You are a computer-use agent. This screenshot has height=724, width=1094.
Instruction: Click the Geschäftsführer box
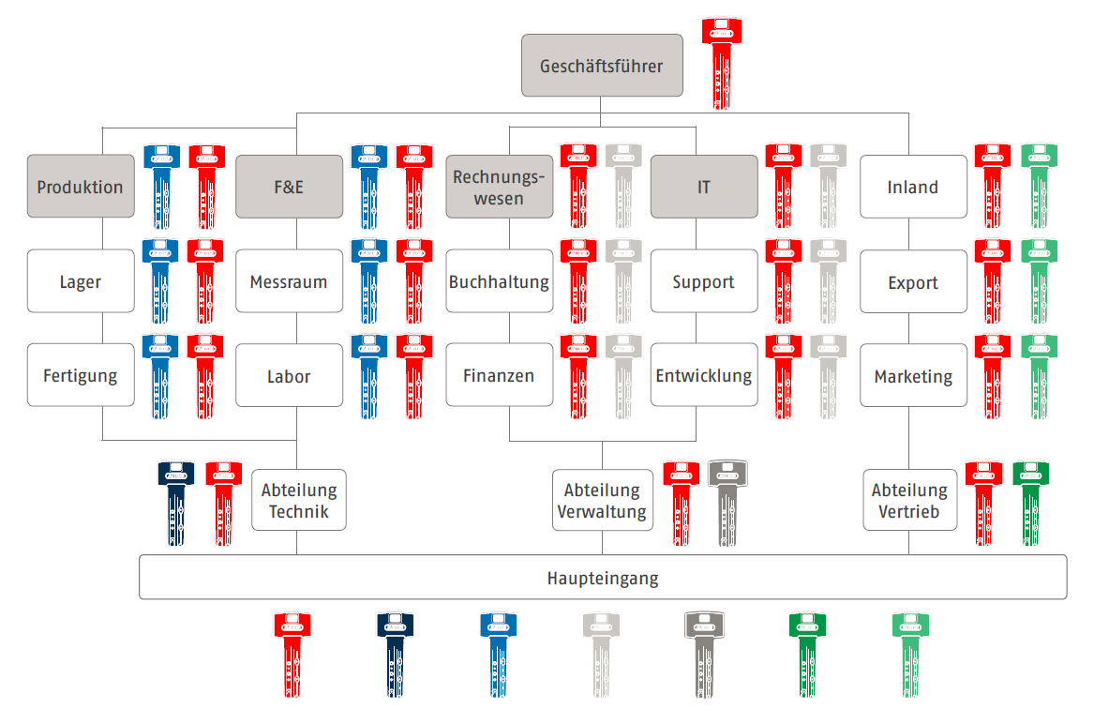click(602, 66)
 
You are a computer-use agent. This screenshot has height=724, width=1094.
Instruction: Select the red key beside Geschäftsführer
click(721, 62)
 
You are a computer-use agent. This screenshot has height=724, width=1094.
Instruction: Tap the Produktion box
click(81, 187)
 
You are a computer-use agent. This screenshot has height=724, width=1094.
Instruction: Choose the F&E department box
click(289, 187)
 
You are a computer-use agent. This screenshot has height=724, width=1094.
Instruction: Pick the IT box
click(703, 187)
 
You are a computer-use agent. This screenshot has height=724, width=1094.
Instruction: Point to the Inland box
click(912, 187)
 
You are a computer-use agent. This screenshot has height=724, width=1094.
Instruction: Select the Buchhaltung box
click(499, 281)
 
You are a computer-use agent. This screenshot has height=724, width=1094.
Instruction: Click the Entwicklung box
click(703, 376)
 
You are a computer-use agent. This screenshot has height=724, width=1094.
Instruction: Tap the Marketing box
click(912, 376)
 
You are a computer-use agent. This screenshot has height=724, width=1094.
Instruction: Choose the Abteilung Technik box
click(298, 500)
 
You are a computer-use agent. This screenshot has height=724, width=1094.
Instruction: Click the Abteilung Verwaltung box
click(602, 500)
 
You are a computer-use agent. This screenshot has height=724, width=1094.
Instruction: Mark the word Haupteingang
click(602, 578)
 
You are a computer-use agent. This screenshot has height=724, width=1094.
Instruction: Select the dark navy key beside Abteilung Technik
click(176, 502)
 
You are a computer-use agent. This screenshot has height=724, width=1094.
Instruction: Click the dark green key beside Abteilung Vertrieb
click(1030, 502)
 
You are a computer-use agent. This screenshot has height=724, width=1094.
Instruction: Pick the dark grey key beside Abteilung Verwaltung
click(727, 502)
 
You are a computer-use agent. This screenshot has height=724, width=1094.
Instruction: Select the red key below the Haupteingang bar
click(292, 654)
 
